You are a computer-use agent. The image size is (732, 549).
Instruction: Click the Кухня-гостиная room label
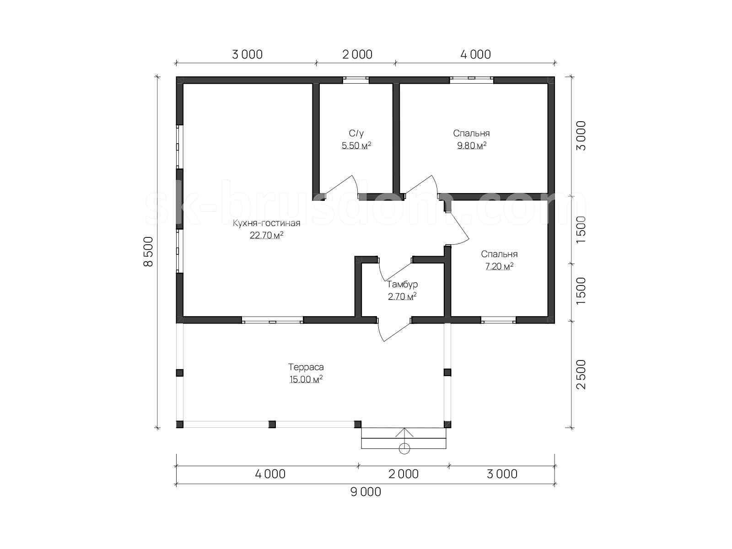(x=266, y=223)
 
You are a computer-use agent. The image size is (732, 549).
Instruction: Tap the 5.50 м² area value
(x=356, y=145)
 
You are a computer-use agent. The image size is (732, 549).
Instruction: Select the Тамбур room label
(x=402, y=284)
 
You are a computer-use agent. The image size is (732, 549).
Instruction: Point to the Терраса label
(x=306, y=367)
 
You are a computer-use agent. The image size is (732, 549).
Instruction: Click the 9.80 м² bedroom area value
(x=472, y=145)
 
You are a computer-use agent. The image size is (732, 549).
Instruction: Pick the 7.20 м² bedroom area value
(x=499, y=266)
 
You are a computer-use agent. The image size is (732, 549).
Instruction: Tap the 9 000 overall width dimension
(x=366, y=492)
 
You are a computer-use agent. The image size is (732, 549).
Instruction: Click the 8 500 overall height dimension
(x=148, y=251)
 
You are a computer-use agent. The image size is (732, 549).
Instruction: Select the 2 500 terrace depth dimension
(x=581, y=374)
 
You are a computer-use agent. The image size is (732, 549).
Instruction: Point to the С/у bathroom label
(x=356, y=133)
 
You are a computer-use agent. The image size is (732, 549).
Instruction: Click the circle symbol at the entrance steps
(x=404, y=449)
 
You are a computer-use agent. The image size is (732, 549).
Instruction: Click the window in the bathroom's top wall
(x=356, y=80)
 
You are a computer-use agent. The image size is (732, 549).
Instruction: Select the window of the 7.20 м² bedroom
(x=499, y=320)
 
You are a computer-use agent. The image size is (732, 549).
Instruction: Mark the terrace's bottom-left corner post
(x=180, y=425)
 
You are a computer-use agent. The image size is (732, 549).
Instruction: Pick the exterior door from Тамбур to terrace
(x=393, y=329)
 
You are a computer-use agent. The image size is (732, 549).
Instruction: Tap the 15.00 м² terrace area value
(x=306, y=379)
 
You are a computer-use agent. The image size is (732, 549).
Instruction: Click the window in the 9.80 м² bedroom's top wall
(x=472, y=80)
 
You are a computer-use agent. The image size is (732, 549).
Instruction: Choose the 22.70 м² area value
(x=266, y=235)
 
